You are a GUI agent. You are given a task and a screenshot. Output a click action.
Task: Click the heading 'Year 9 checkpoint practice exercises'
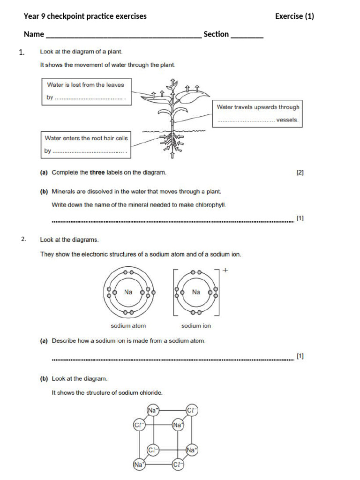[85, 16]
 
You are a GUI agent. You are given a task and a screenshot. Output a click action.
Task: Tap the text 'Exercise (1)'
[294, 16]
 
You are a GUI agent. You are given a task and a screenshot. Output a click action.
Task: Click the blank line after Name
[124, 36]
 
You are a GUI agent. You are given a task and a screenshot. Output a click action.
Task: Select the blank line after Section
[247, 36]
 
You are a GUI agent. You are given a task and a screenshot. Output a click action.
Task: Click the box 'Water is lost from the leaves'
[85, 91]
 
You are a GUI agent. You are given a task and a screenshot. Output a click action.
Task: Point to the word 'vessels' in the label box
[287, 120]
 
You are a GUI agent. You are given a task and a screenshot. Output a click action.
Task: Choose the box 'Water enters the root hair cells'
[86, 144]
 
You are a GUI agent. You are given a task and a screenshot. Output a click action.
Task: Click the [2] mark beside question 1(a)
[300, 172]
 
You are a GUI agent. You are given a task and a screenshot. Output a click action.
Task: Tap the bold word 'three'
[97, 172]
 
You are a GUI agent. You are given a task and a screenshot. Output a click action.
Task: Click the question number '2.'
[24, 240]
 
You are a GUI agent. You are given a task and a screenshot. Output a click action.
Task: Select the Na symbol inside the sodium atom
[128, 292]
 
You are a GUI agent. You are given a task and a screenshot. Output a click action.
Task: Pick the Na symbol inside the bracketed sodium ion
[196, 292]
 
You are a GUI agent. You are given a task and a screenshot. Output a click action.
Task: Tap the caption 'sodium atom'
[128, 325]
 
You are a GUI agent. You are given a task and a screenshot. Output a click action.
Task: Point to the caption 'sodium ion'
[196, 325]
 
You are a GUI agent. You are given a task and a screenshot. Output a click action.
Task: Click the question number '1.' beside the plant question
[22, 52]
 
